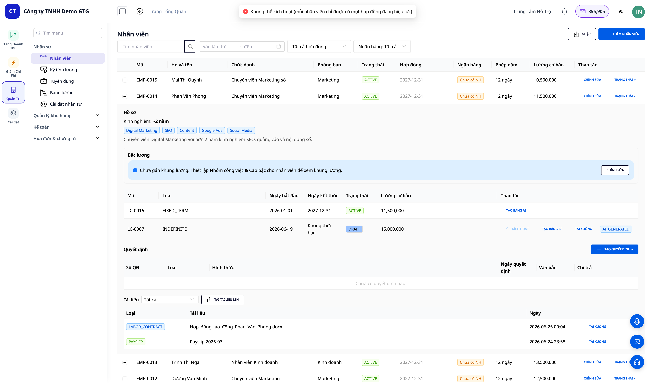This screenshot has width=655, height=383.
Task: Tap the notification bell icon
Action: [x=564, y=11]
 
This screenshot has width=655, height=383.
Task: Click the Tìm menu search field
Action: [x=68, y=33]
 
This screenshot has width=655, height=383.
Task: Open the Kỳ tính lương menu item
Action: [x=63, y=70]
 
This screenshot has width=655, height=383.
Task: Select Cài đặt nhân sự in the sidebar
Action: [x=66, y=104]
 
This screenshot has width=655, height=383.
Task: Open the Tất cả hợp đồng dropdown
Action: [x=319, y=46]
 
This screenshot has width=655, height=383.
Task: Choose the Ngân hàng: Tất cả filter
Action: [x=382, y=46]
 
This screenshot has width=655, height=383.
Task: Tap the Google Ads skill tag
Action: [x=212, y=130]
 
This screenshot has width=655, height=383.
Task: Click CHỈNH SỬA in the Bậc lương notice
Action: [x=615, y=170]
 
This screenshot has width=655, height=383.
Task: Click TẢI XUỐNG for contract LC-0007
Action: [x=583, y=229]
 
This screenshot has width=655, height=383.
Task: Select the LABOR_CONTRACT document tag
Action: [x=145, y=327]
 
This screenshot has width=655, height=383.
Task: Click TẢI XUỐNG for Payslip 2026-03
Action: [x=597, y=342]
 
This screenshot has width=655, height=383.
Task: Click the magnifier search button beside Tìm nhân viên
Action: [x=190, y=46]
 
